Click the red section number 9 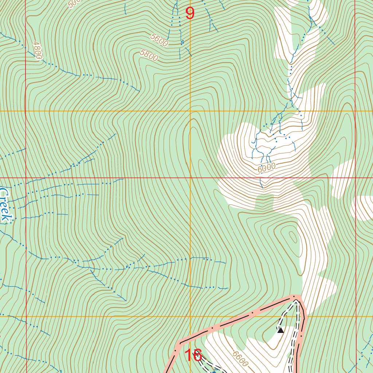(190, 13)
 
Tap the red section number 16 (193, 355)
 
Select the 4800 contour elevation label (37, 50)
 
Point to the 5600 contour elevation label (159, 40)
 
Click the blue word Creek (5, 205)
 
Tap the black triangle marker (280, 330)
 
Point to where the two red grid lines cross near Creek (26, 178)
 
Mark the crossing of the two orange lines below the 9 (190, 111)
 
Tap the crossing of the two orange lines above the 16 (190, 316)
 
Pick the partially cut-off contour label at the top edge (74, 3)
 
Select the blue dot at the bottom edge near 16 (214, 371)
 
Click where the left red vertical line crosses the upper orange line (26, 111)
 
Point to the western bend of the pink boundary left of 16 (178, 343)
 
